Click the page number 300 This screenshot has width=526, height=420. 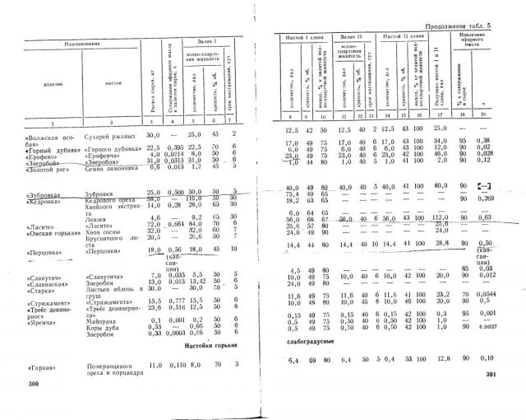34,384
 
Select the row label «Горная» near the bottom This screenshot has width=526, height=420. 41,363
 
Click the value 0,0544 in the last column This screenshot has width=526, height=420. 509,294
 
